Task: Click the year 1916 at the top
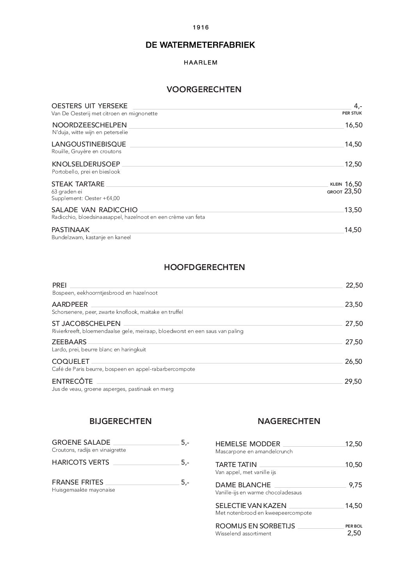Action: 201,27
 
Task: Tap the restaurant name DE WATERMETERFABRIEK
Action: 200,45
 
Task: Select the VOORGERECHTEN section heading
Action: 204,89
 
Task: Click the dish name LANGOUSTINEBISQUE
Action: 89,144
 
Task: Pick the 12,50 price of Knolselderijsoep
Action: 353,164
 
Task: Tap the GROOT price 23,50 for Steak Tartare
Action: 352,191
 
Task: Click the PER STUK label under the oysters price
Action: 352,113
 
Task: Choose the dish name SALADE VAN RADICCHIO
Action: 94,210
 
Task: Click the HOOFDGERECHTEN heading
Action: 204,267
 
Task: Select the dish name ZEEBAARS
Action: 69,342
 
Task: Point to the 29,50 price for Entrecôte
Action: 353,381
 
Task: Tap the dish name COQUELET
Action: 71,361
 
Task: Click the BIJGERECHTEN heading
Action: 121,421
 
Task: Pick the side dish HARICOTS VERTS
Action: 80,462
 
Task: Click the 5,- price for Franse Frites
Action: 185,482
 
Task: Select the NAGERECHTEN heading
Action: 289,421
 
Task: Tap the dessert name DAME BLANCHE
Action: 243,485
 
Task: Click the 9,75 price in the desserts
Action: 355,485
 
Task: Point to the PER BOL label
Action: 354,526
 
